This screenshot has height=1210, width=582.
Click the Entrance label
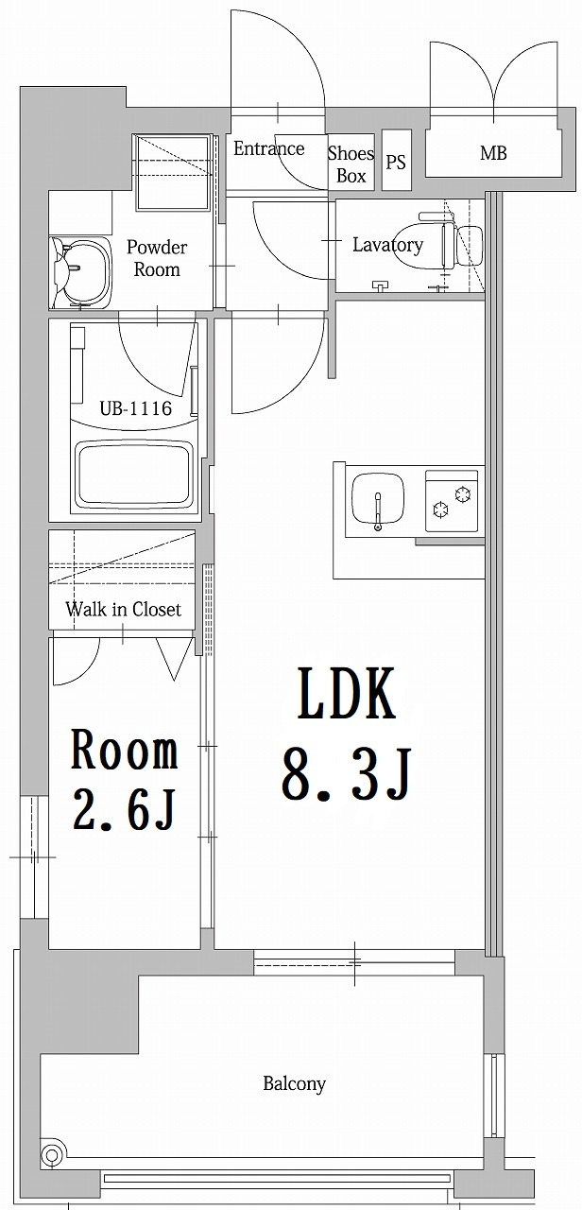tap(269, 148)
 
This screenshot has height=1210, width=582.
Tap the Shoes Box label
tap(351, 164)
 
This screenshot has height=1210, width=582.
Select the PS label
tap(396, 162)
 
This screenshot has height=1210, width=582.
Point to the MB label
tap(492, 152)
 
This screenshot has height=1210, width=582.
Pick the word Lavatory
tap(387, 245)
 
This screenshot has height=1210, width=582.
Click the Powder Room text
tap(157, 258)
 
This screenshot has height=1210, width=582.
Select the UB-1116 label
tap(135, 408)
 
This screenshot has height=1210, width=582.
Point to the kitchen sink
tap(378, 498)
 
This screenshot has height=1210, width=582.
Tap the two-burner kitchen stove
tap(453, 501)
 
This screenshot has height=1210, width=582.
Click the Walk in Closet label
tap(123, 610)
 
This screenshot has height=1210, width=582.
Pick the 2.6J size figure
tap(124, 810)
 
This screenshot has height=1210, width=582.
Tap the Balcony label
tap(294, 1084)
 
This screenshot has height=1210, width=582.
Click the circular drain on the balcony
tap(52, 1154)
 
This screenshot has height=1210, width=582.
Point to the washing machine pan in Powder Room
tap(173, 173)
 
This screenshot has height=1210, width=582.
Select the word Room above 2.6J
tap(124, 752)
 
